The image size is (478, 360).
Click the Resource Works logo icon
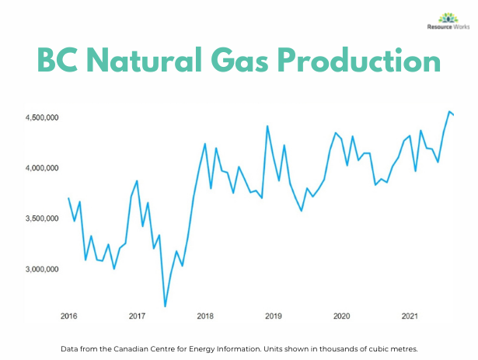click(x=426, y=17)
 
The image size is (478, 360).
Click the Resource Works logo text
click(x=426, y=29)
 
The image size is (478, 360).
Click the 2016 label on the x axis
click(x=68, y=316)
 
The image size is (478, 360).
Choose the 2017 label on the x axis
click(x=137, y=316)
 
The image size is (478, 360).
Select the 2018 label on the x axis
click(x=205, y=316)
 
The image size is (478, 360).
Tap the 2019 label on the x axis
click(x=273, y=316)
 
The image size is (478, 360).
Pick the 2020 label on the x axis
click(x=341, y=316)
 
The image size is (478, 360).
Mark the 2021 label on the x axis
click(x=410, y=316)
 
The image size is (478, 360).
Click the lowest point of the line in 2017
click(x=165, y=306)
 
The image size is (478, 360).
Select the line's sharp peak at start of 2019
click(x=267, y=126)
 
